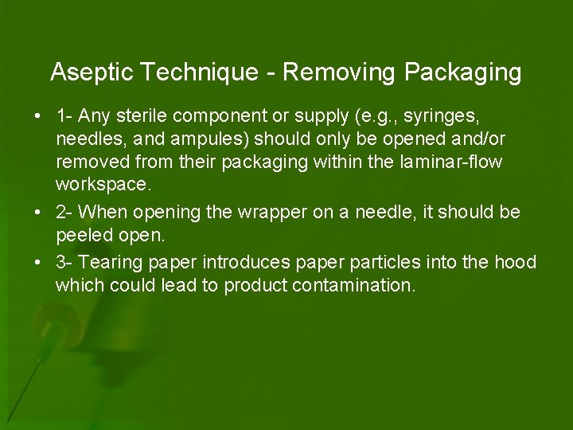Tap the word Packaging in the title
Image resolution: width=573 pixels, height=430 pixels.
(x=462, y=73)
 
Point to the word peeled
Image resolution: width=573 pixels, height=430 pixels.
(x=84, y=236)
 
